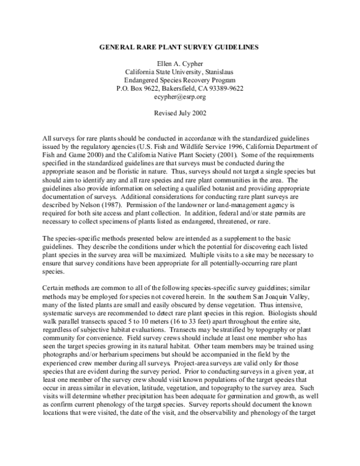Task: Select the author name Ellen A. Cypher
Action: click(180, 63)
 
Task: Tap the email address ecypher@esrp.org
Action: click(180, 97)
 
